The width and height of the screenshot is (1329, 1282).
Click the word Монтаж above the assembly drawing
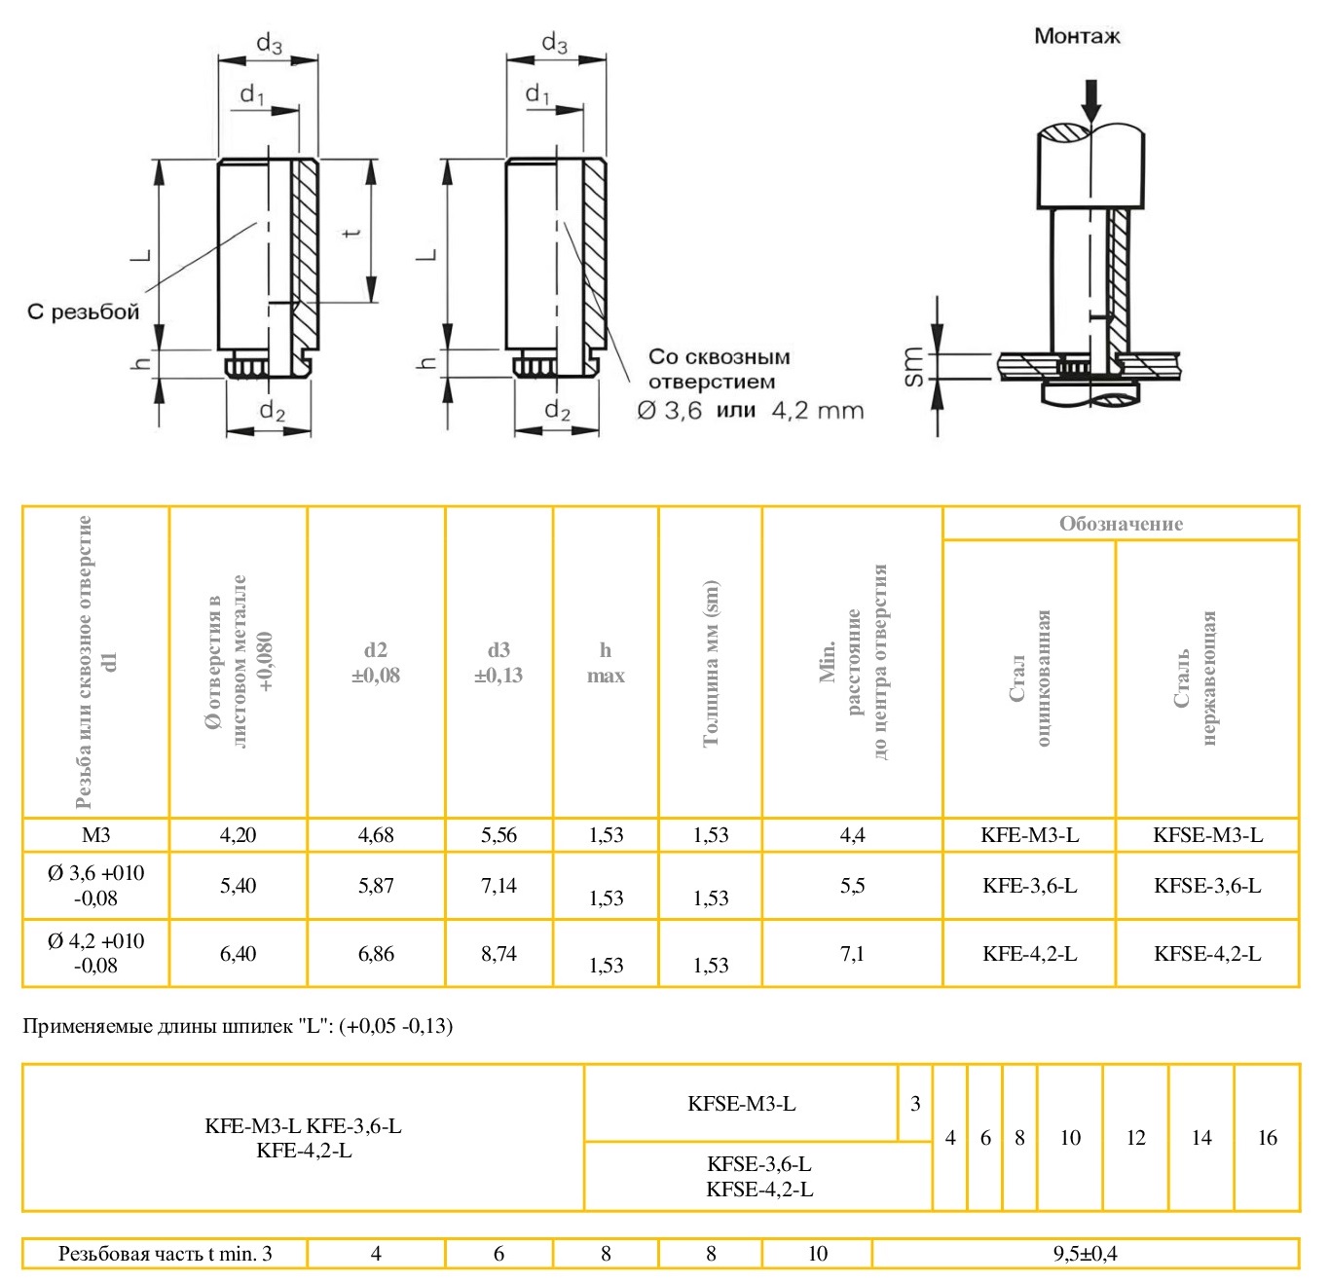pyautogui.click(x=1076, y=37)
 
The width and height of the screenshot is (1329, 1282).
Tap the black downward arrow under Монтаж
pyautogui.click(x=1091, y=98)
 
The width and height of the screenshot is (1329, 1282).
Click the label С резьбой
pyautogui.click(x=83, y=312)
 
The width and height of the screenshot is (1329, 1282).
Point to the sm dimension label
pyautogui.click(x=913, y=366)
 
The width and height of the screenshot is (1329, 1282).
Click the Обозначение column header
pyautogui.click(x=1121, y=524)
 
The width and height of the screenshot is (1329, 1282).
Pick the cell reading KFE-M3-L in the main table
pyautogui.click(x=1029, y=835)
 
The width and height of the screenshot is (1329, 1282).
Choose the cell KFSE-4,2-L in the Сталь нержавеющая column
pyautogui.click(x=1207, y=954)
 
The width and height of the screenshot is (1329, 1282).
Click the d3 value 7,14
pyautogui.click(x=498, y=886)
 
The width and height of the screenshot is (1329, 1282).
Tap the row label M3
pyautogui.click(x=95, y=835)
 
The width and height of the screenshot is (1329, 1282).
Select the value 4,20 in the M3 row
pyautogui.click(x=239, y=835)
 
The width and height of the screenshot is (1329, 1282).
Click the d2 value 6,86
pyautogui.click(x=376, y=954)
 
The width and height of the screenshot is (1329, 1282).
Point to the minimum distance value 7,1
pyautogui.click(x=852, y=954)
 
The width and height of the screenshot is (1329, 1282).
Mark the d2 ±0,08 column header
pyautogui.click(x=376, y=663)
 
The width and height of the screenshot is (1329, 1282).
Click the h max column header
pyautogui.click(x=606, y=663)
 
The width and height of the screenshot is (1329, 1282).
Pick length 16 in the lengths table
pyautogui.click(x=1267, y=1138)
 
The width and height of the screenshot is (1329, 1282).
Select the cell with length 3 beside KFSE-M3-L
pyautogui.click(x=915, y=1104)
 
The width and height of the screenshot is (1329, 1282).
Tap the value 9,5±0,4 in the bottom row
pyautogui.click(x=1085, y=1254)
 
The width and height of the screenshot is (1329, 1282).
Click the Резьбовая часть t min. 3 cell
pyautogui.click(x=165, y=1254)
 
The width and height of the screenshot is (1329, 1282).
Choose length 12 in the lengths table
pyautogui.click(x=1135, y=1138)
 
